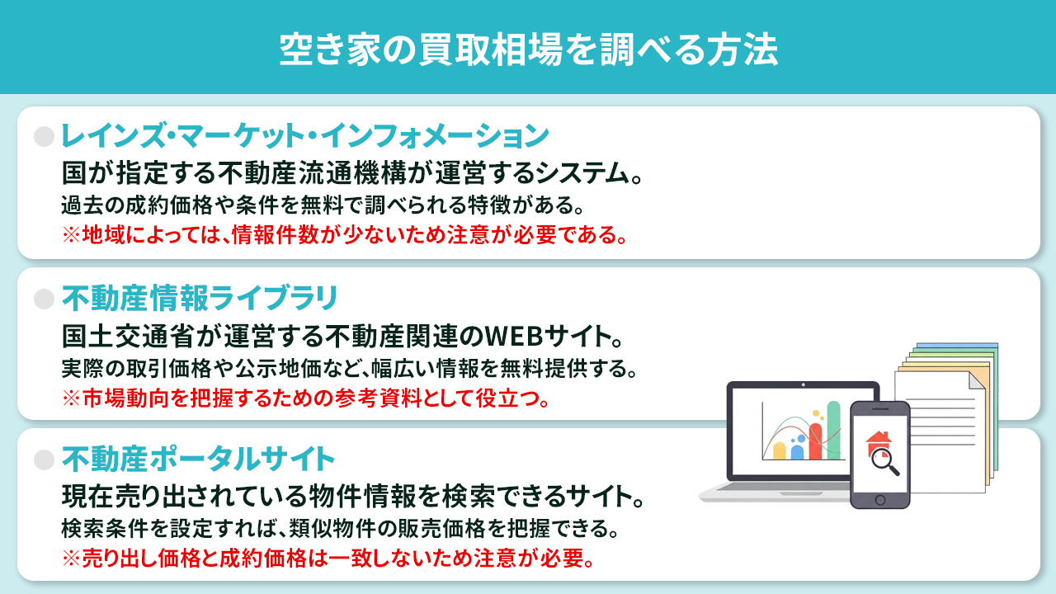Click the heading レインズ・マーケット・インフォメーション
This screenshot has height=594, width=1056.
(305, 136)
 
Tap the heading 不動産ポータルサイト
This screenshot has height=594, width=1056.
(198, 459)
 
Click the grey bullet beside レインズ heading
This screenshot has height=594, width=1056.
(44, 136)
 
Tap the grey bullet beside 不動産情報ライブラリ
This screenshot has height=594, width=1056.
(44, 298)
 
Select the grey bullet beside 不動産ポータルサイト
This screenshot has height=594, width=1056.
(44, 459)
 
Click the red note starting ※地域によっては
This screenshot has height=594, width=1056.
(344, 235)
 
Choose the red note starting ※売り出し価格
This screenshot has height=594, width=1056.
(328, 559)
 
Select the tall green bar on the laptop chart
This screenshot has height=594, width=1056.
(833, 431)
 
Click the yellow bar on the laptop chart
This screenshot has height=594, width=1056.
(779, 450)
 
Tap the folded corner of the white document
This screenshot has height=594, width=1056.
(975, 382)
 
